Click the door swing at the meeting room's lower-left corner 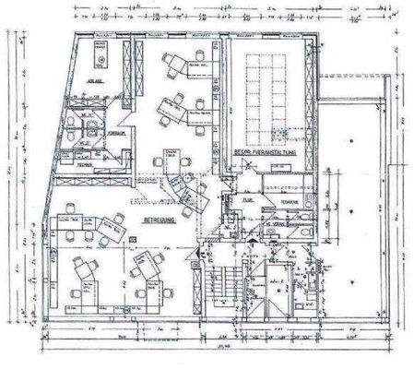coord(238,165)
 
